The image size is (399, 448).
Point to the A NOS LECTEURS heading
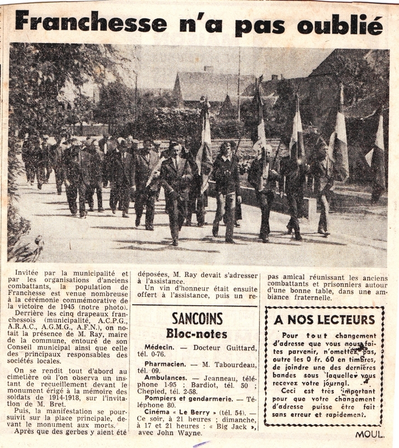click(x=324, y=320)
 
